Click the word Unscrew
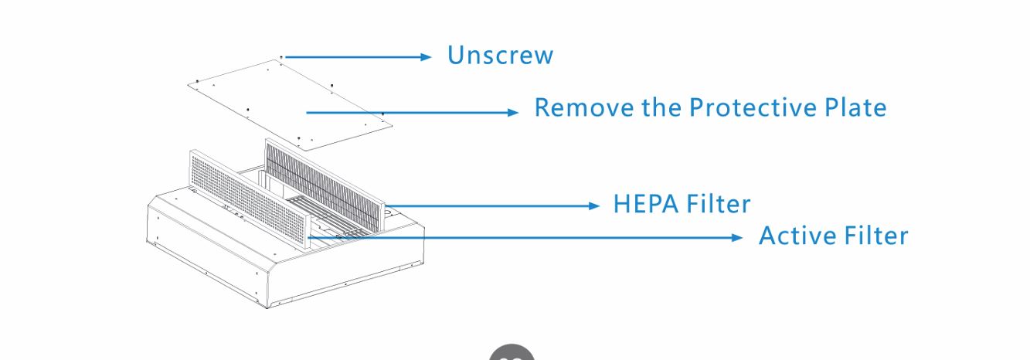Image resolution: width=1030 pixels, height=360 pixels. pyautogui.click(x=500, y=55)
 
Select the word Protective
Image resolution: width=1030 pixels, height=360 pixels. pyautogui.click(x=753, y=107)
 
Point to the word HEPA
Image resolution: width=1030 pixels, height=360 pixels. pyautogui.click(x=646, y=204)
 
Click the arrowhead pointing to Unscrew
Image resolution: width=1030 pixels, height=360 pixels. pyautogui.click(x=426, y=57)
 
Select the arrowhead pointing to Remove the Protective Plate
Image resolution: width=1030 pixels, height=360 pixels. pyautogui.click(x=513, y=113)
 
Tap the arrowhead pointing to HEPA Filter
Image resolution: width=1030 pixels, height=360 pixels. pyautogui.click(x=594, y=206)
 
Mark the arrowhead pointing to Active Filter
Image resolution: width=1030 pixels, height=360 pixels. pyautogui.click(x=737, y=238)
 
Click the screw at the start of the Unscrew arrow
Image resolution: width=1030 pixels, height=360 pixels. pyautogui.click(x=281, y=57)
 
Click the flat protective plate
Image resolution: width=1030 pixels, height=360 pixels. pyautogui.click(x=290, y=105)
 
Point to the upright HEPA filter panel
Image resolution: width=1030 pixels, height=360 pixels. pyautogui.click(x=325, y=185)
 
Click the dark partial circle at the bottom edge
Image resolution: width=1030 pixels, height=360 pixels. pyautogui.click(x=512, y=352)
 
